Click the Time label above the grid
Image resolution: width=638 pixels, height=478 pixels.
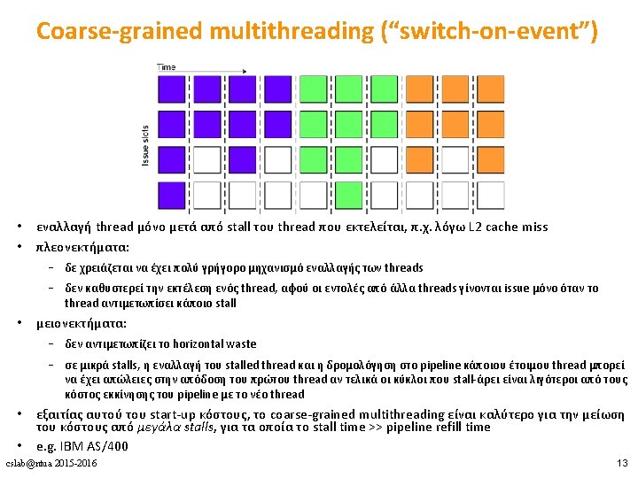166,67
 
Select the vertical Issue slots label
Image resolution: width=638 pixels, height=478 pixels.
146,145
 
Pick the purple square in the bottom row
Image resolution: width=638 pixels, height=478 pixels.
171,195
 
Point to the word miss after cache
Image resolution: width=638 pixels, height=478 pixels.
534,227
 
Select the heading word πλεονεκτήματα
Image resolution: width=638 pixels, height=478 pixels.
82,248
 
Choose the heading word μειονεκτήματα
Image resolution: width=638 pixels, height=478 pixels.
81,324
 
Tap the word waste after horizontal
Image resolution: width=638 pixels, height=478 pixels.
241,344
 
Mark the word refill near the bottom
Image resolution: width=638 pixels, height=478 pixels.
436,428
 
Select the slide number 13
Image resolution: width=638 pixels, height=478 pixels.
621,464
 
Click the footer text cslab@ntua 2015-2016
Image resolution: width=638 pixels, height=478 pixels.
51,464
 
